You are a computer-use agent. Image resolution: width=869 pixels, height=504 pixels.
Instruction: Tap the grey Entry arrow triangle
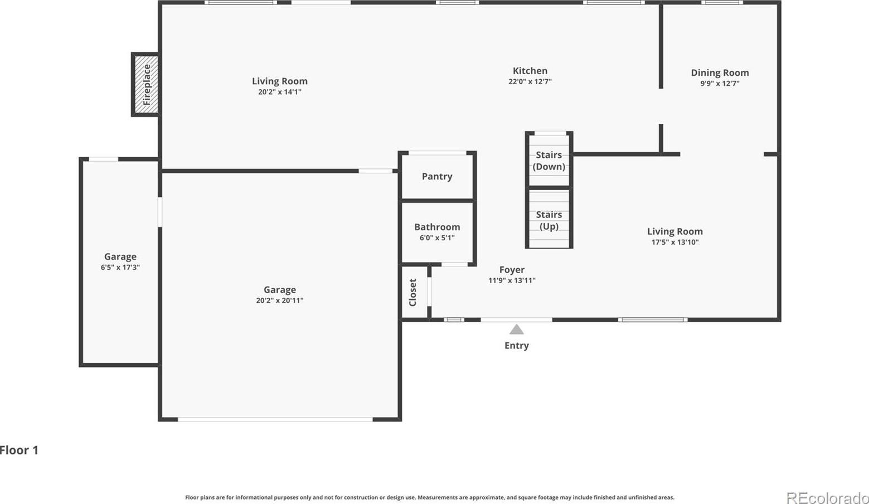pos(516,329)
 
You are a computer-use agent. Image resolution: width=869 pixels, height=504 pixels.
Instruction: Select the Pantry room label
pos(437,177)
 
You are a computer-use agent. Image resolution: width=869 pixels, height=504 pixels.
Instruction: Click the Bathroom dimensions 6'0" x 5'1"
pos(437,238)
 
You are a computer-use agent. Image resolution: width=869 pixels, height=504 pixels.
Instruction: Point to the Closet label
pos(412,293)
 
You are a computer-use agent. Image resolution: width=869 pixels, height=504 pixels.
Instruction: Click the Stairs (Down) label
pos(548,161)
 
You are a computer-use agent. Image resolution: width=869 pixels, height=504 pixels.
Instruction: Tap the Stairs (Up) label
pos(548,221)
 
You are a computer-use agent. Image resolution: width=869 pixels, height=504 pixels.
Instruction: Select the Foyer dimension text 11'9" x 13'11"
pos(512,280)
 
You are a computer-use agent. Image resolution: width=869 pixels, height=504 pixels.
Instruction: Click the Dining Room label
pos(720,72)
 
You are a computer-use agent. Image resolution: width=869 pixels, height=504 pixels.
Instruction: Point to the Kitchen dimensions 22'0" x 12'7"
pos(530,81)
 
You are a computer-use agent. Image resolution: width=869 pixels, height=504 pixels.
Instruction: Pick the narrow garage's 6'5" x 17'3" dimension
pos(120,267)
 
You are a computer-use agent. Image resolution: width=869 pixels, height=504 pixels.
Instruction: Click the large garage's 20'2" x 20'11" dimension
pos(280,301)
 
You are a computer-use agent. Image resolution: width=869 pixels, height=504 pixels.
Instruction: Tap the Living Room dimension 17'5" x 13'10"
pos(675,242)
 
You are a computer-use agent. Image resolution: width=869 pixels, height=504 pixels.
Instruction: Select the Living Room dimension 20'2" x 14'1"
pos(280,92)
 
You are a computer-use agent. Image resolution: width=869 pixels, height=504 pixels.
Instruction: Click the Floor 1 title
pos(19,450)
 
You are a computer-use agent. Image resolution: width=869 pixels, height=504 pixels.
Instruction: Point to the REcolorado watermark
pos(828,497)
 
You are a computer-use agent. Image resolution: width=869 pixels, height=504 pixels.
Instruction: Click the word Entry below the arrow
pos(516,346)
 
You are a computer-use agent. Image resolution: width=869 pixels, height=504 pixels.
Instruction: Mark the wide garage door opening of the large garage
pos(275,419)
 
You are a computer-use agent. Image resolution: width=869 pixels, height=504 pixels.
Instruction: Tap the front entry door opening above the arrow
pos(516,319)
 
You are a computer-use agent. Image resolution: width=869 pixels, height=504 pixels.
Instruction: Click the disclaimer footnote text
pos(429,497)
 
